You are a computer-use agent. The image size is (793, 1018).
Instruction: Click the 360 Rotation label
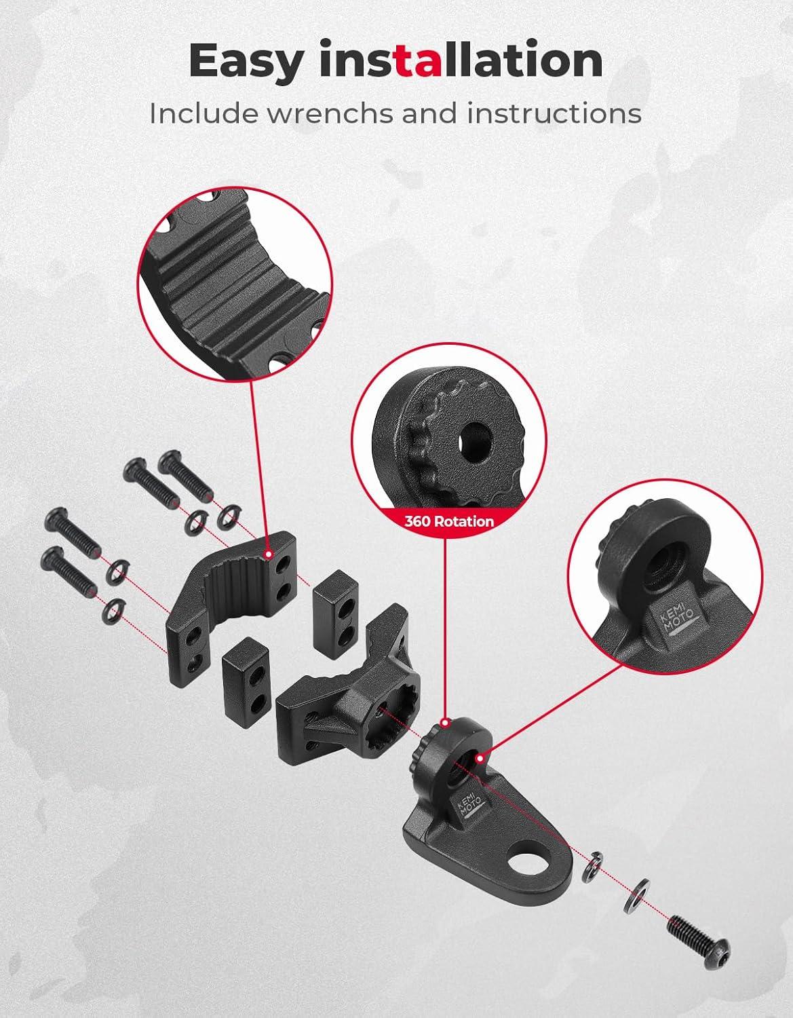449,521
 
